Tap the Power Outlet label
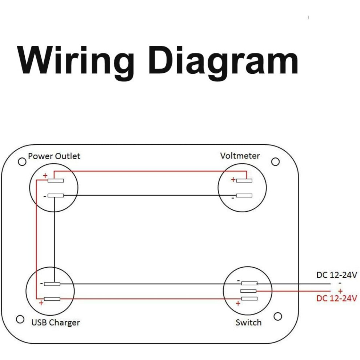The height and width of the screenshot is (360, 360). point(54,156)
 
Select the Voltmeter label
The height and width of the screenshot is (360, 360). point(240,156)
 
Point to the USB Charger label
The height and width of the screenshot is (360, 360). point(56,323)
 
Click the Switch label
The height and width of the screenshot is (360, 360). point(248,323)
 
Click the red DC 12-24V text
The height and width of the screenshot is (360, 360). point(337,298)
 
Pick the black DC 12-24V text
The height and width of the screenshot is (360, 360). point(337,275)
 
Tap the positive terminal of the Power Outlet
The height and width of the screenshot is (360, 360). point(56,180)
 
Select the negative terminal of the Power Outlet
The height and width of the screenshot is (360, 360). point(56,196)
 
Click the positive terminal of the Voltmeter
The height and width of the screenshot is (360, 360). point(244,180)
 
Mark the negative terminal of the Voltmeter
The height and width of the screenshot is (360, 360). point(244,196)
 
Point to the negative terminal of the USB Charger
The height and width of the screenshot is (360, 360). point(52,284)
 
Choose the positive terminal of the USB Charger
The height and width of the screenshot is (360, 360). point(52,299)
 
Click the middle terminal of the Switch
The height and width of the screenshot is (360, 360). point(248,291)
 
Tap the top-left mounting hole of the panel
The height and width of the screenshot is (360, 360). point(22,162)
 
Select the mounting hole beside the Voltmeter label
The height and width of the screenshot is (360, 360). point(275,161)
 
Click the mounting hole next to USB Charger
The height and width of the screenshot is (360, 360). point(20,319)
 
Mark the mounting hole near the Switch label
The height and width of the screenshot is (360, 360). point(278,316)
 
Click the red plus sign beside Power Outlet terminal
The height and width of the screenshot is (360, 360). point(45,176)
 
